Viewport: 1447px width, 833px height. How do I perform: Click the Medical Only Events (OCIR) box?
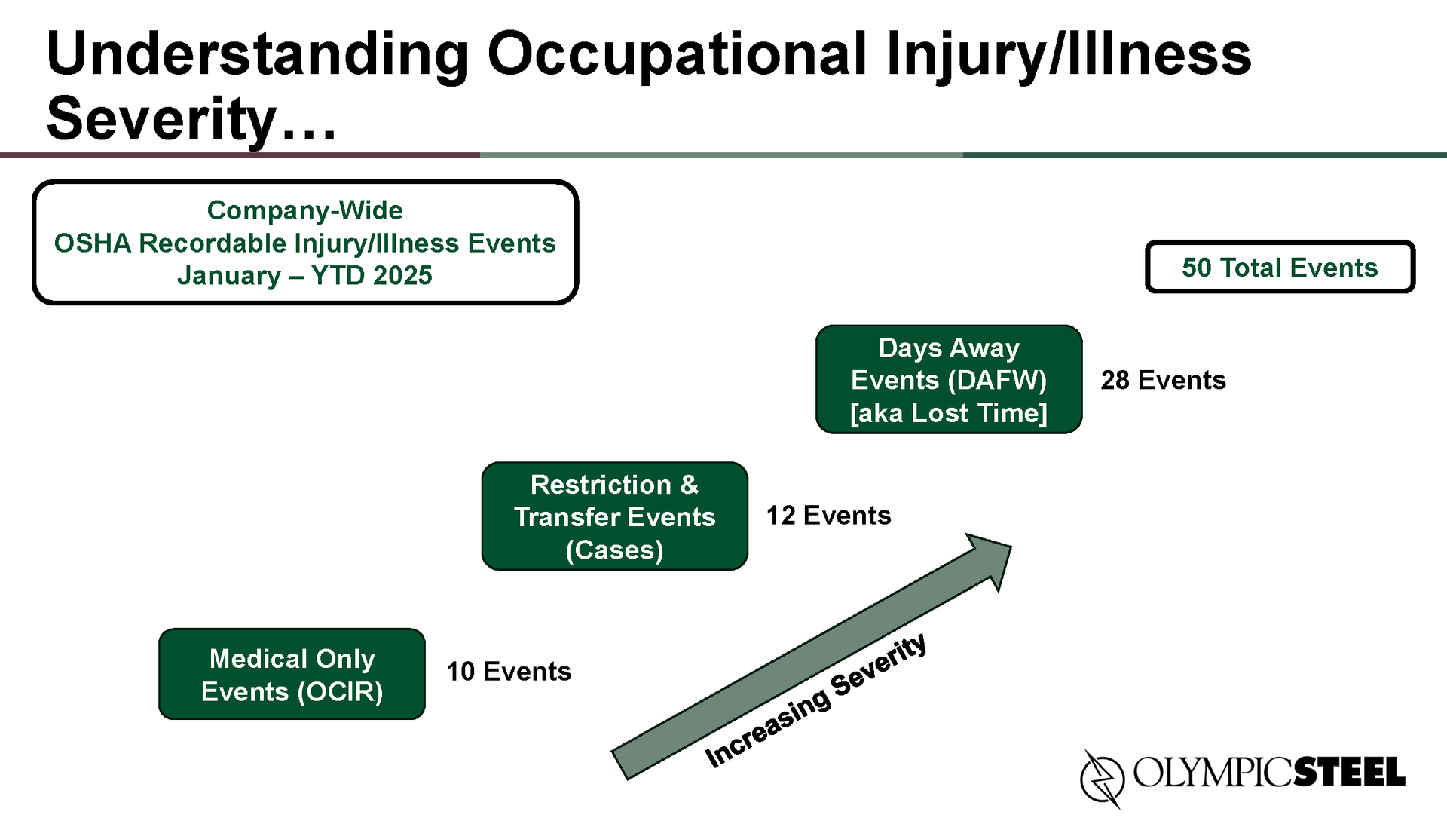click(292, 674)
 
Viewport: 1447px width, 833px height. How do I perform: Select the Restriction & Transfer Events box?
click(615, 516)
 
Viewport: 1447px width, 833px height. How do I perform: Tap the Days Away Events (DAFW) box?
click(949, 379)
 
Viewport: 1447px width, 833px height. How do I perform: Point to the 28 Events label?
click(1163, 380)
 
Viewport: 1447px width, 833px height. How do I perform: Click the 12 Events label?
click(828, 516)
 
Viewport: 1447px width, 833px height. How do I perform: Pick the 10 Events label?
click(509, 672)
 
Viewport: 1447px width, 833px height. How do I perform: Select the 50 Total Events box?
click(1280, 267)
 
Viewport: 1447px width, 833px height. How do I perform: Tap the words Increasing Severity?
click(815, 700)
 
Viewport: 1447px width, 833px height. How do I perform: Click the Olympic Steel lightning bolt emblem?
click(1102, 777)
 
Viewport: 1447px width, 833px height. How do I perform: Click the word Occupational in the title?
click(678, 55)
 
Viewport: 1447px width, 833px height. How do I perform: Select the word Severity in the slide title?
click(162, 120)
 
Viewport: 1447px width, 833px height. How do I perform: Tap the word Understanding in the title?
click(258, 55)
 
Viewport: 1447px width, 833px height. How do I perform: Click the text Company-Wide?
click(305, 210)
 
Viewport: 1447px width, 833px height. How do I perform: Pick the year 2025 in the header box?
click(402, 276)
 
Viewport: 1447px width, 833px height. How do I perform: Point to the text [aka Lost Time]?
click(949, 413)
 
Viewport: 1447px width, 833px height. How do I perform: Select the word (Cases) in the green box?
click(615, 550)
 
